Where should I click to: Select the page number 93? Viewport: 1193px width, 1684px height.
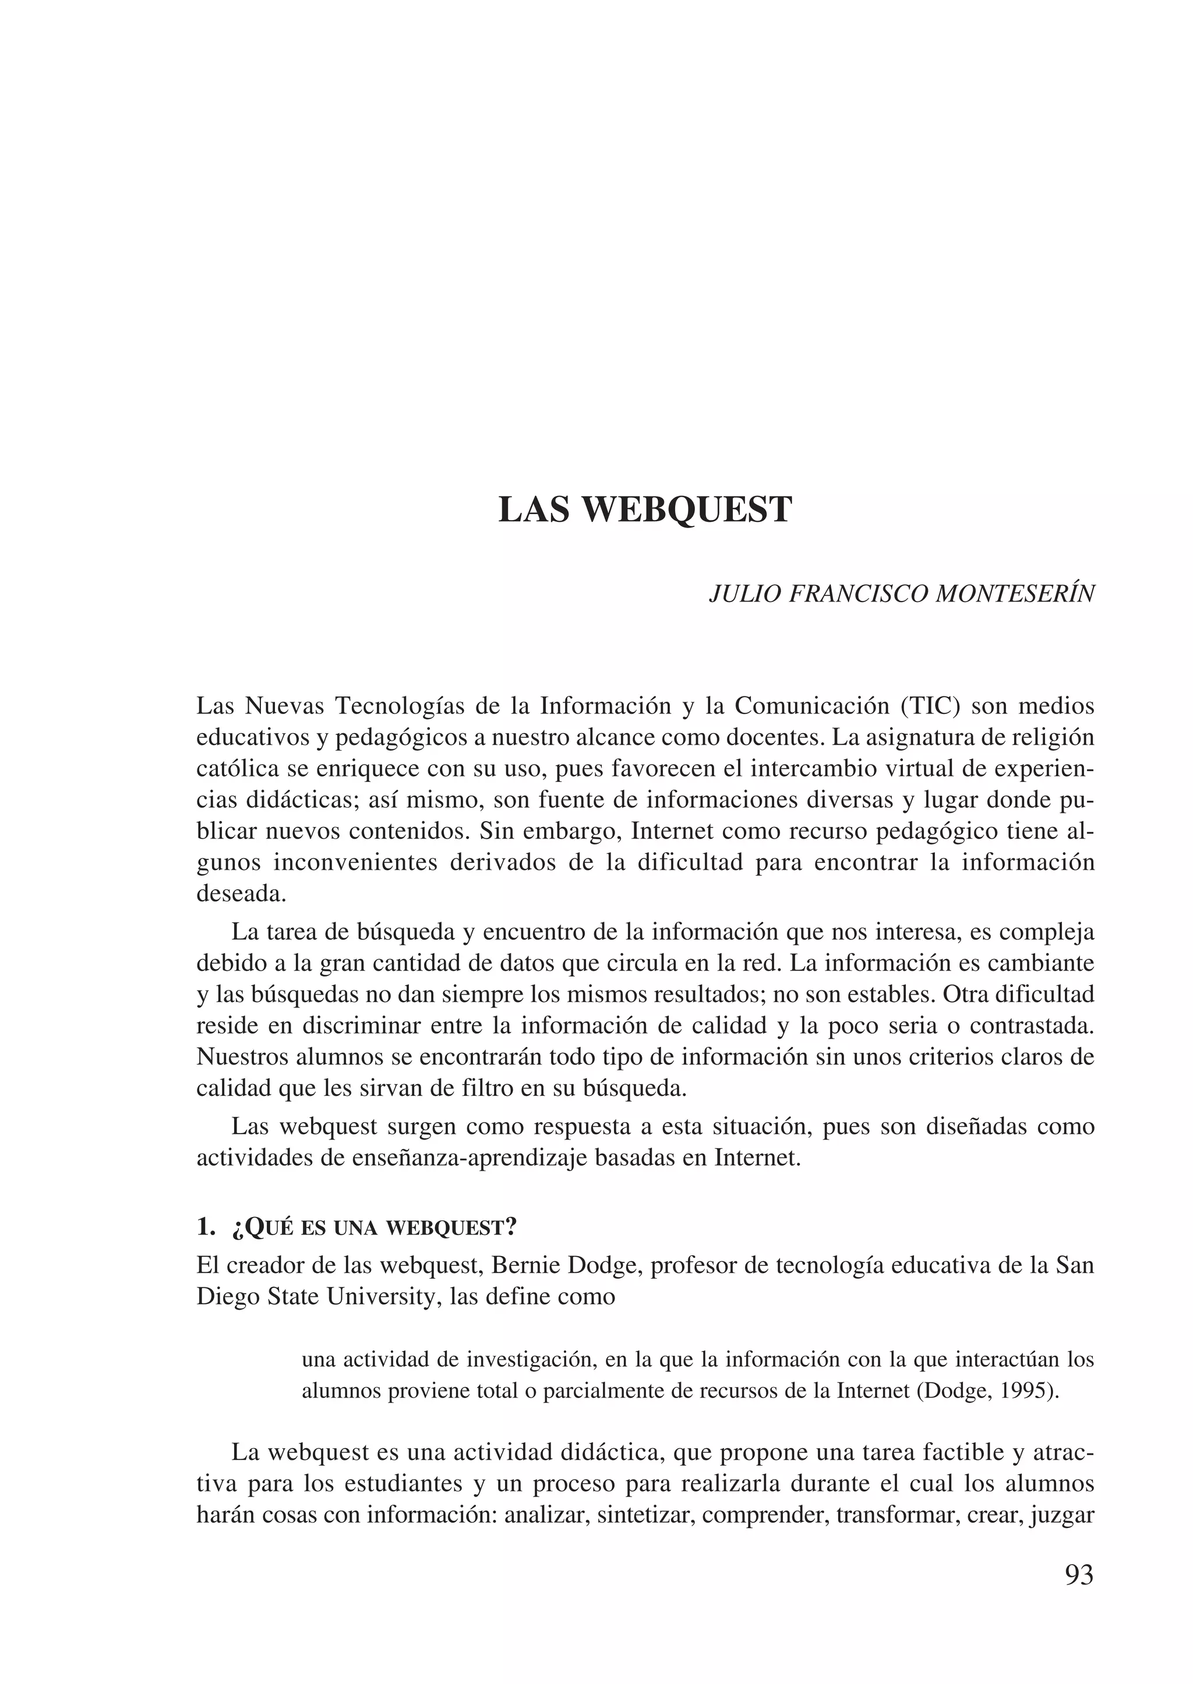coord(1078,1575)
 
